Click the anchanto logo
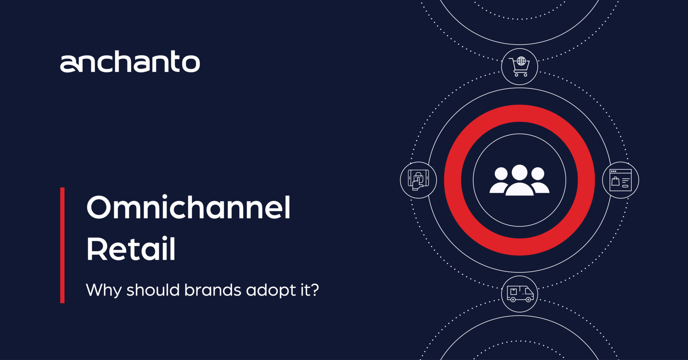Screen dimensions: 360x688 tap(130, 62)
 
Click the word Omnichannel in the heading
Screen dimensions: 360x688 tap(188, 208)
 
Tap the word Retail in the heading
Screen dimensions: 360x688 tap(131, 249)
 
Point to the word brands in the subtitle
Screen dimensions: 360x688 tap(212, 290)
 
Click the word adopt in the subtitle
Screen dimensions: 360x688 tap(271, 290)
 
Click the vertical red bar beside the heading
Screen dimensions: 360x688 tap(62, 245)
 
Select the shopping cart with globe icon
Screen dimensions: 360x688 tap(520, 67)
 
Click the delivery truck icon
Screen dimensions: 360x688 tap(520, 294)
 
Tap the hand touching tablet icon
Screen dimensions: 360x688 tap(418, 180)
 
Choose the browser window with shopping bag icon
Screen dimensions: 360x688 tap(621, 180)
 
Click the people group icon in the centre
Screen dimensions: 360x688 tap(519, 180)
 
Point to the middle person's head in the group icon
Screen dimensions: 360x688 tap(519, 172)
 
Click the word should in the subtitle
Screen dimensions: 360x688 tap(153, 290)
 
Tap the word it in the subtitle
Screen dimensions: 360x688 tap(305, 290)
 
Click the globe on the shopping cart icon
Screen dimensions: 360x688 tap(521, 61)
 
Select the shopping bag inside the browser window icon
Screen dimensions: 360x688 tap(615, 181)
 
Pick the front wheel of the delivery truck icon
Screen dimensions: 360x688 tap(528, 299)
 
